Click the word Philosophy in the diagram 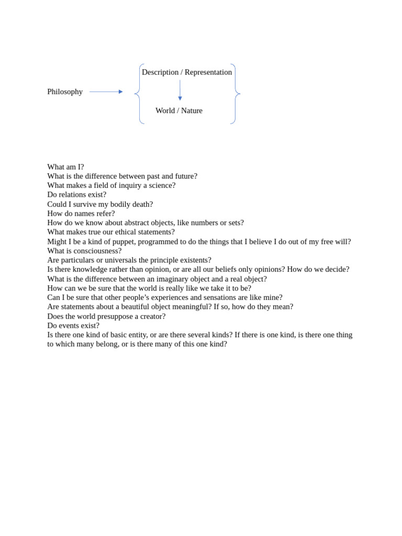(65, 92)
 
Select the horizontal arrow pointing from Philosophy (106, 92)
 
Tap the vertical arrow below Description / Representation (180, 90)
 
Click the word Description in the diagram (160, 72)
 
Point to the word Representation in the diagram (208, 72)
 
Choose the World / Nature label (179, 110)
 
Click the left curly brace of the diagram (138, 94)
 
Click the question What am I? (65, 167)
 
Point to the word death (142, 204)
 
